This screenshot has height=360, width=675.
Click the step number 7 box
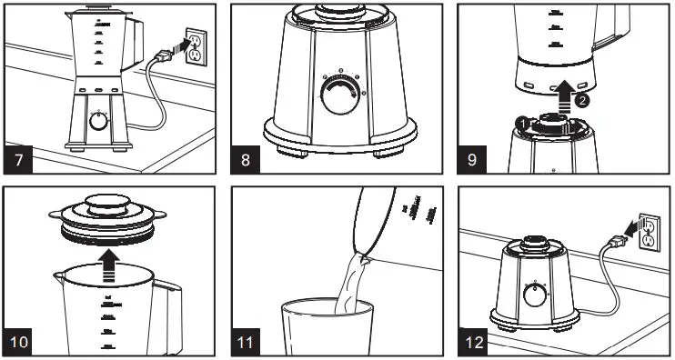21,161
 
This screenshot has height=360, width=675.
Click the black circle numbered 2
582,102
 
